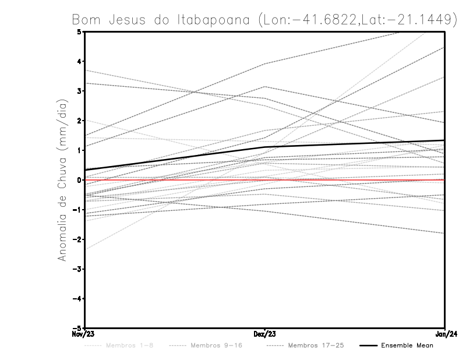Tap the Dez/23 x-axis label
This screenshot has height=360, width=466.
pos(265,334)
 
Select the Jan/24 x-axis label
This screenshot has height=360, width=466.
pos(445,334)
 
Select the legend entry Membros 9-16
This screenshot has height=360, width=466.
pos(216,346)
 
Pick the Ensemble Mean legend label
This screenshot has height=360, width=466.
pos(407,346)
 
